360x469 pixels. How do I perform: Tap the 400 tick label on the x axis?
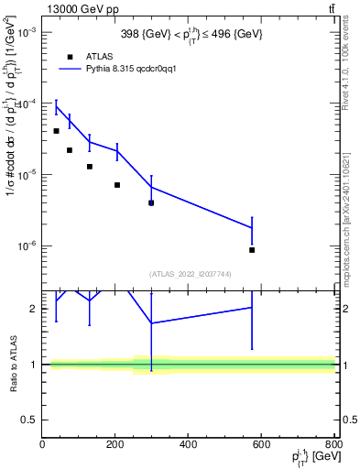click(189, 446)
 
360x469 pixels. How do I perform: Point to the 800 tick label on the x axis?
click(333, 446)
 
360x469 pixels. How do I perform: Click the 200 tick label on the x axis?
click(115, 446)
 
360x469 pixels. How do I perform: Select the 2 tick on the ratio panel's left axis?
click(34, 309)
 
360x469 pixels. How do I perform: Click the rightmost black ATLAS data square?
click(252, 250)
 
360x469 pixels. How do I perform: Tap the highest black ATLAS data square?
click(57, 131)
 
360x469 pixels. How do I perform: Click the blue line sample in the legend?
click(71, 69)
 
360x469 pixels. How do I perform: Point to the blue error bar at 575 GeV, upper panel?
click(252, 235)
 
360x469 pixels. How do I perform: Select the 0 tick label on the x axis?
click(42, 446)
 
